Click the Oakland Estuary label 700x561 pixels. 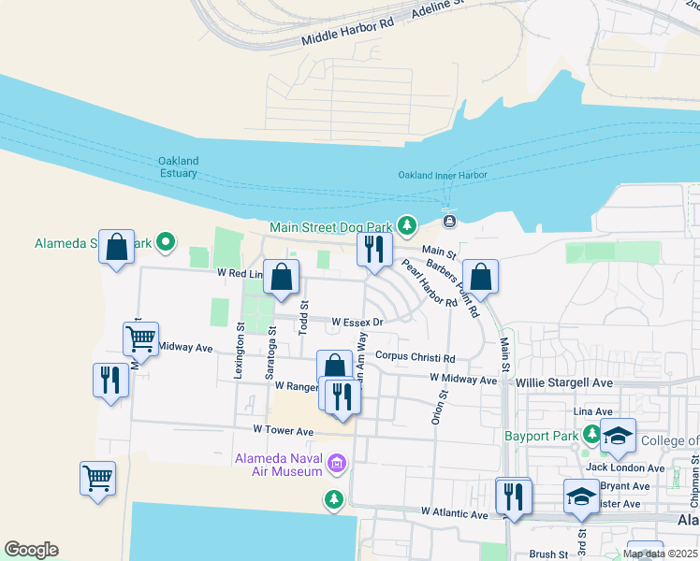click(x=178, y=166)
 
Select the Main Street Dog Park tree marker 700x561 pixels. click(x=406, y=225)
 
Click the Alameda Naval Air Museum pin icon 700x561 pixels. click(x=337, y=463)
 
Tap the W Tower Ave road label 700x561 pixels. click(x=283, y=430)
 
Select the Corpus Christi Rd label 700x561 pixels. click(x=415, y=357)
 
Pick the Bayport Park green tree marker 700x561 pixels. click(x=591, y=434)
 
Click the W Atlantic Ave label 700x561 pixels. click(x=455, y=513)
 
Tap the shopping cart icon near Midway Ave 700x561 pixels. click(x=140, y=338)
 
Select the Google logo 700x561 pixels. click(x=31, y=550)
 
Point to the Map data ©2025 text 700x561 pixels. click(x=660, y=554)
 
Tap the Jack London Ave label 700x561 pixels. click(x=625, y=467)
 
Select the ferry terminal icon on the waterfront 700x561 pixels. click(x=450, y=221)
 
